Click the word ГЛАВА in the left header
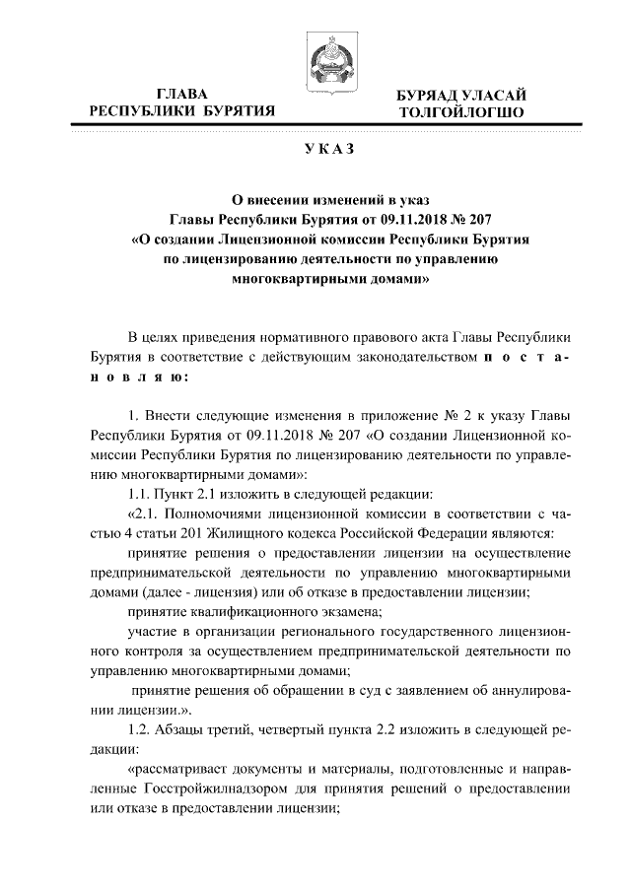pos(182,94)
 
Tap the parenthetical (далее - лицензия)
pos(201,591)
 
